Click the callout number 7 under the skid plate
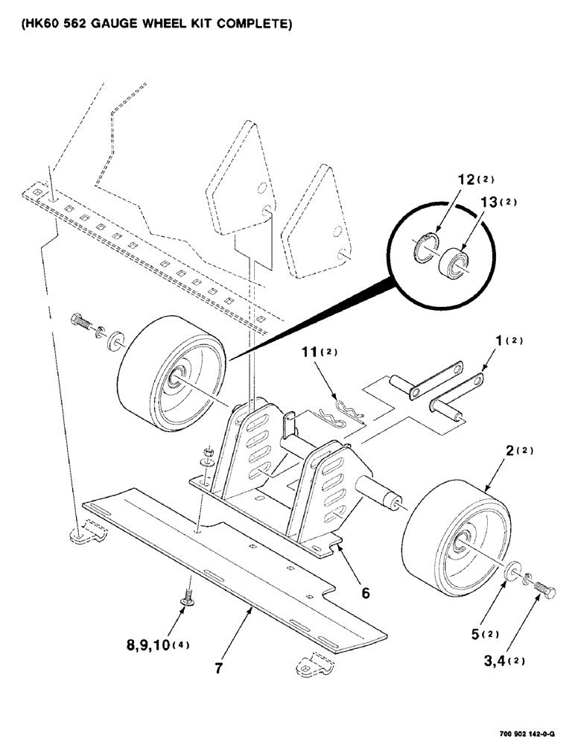[x=217, y=668]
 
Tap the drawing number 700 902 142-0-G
[x=521, y=732]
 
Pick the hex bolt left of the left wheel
[x=80, y=323]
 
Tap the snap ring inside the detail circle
[x=423, y=247]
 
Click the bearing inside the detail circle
[x=455, y=262]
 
